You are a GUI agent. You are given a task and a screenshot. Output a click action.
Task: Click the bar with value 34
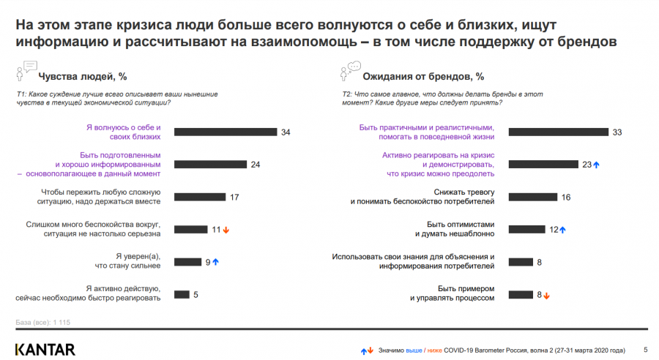click(226, 132)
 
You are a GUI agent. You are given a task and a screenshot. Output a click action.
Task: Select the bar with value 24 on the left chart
click(211, 164)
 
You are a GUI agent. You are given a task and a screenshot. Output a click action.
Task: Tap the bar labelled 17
click(199, 197)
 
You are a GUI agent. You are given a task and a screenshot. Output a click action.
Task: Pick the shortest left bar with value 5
click(182, 294)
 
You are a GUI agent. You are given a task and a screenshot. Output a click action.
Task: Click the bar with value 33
click(559, 132)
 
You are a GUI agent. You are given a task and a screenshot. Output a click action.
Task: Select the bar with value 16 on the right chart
click(533, 197)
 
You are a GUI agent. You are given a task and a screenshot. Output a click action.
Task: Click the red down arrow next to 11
click(226, 230)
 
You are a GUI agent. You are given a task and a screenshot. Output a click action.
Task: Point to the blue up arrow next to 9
click(216, 262)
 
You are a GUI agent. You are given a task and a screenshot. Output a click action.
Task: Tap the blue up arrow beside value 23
click(597, 165)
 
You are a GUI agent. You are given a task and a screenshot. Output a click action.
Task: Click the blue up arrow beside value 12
click(562, 230)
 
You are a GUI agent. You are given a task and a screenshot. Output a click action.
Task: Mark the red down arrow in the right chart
click(546, 295)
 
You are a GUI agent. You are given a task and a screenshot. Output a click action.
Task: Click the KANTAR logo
click(45, 349)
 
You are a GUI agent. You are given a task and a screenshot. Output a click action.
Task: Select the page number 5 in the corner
click(644, 349)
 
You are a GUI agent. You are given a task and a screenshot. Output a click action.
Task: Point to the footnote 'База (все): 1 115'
click(42, 323)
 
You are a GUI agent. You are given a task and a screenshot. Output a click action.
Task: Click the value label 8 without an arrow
click(540, 262)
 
